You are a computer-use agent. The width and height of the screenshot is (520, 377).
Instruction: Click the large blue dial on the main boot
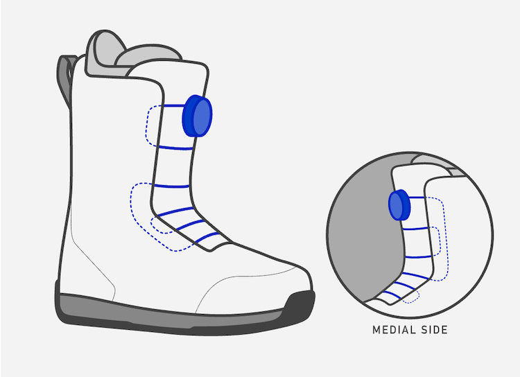pos(197,117)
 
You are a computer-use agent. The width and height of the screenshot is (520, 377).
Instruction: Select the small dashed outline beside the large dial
pos(151,125)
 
